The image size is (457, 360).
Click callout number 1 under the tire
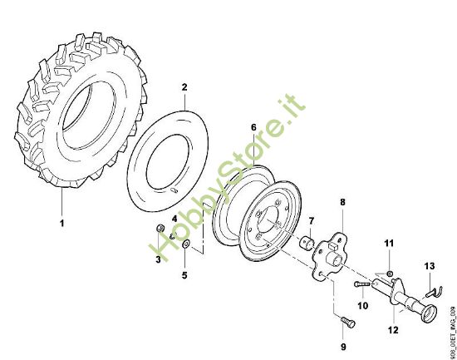(x=61, y=223)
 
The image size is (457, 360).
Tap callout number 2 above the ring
(x=184, y=86)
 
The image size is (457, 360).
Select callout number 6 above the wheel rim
(x=254, y=127)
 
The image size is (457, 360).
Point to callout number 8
(x=342, y=201)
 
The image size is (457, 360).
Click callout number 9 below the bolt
(x=341, y=345)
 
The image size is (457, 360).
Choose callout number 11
(x=387, y=242)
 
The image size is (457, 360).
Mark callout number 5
(x=184, y=274)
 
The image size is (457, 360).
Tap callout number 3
(x=158, y=261)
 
